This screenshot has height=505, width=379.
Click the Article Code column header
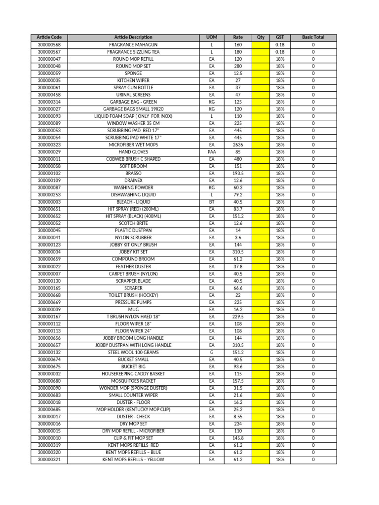click(x=49, y=37)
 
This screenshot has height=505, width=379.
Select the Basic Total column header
click(x=313, y=37)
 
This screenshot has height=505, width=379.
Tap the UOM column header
click(x=211, y=37)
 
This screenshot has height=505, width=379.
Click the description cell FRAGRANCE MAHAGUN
click(x=133, y=44)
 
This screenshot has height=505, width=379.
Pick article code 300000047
click(x=49, y=59)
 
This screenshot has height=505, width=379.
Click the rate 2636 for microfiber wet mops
click(x=238, y=145)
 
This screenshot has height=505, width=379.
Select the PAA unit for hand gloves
click(x=211, y=152)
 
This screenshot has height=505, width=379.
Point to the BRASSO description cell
click(x=133, y=174)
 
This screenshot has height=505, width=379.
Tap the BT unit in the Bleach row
click(x=211, y=202)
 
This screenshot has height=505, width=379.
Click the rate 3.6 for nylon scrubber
click(x=238, y=238)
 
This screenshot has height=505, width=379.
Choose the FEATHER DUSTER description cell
click(x=133, y=267)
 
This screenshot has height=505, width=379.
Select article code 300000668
click(x=49, y=295)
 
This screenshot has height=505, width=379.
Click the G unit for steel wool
click(x=211, y=353)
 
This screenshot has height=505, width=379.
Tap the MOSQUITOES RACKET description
click(x=133, y=381)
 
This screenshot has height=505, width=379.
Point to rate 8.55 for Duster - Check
click(x=238, y=417)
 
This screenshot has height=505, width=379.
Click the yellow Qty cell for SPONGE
click(x=261, y=73)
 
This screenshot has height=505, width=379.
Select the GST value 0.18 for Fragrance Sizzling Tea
click(x=280, y=52)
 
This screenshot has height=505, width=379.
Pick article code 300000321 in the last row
click(x=49, y=460)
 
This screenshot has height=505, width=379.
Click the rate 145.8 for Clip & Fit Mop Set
click(x=238, y=438)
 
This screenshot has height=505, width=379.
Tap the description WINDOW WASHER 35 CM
click(x=133, y=123)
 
